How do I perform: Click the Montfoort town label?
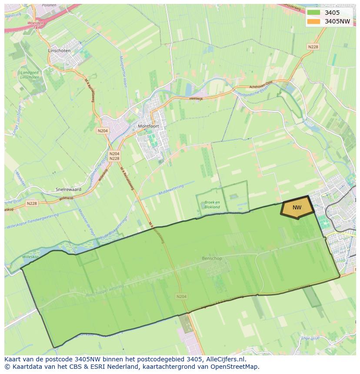[148, 126]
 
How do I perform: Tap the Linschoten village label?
[59, 50]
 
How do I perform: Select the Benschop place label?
[212, 258]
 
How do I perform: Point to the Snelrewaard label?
[69, 189]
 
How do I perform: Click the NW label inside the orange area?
[297, 208]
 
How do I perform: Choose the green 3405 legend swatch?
[313, 13]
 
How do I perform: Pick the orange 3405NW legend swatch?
[313, 21]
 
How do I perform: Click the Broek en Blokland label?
[212, 205]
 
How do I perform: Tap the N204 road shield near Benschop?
[182, 296]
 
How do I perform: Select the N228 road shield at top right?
[313, 47]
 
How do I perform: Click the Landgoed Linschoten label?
[30, 75]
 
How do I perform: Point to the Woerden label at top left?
[35, 23]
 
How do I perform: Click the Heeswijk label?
[196, 99]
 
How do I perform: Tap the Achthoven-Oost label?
[260, 85]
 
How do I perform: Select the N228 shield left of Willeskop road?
[32, 203]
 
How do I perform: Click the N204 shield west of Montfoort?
[103, 131]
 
